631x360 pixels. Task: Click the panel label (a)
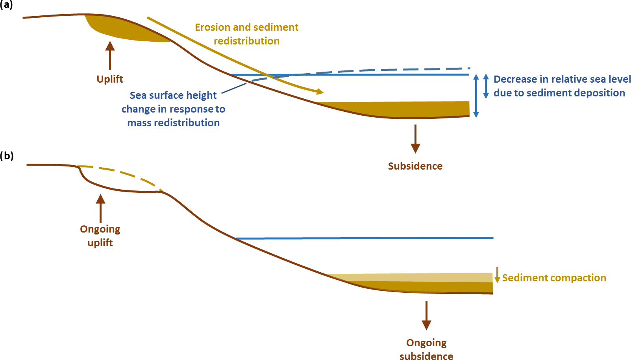pyautogui.click(x=6, y=5)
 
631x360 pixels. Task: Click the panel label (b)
pyautogui.click(x=7, y=156)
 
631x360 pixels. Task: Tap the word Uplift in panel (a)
pyautogui.click(x=110, y=79)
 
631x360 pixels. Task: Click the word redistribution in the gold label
pyautogui.click(x=247, y=41)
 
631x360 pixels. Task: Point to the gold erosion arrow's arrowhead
pyautogui.click(x=320, y=92)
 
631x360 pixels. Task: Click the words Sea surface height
pyautogui.click(x=173, y=95)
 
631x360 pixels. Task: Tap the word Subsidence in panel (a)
pyautogui.click(x=415, y=166)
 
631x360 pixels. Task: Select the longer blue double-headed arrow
pyautogui.click(x=476, y=96)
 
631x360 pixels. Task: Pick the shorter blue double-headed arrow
pyautogui.click(x=486, y=86)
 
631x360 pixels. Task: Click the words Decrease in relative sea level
pyautogui.click(x=562, y=79)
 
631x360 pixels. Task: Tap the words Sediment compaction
pyautogui.click(x=554, y=278)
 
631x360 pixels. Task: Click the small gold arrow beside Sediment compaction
pyautogui.click(x=497, y=275)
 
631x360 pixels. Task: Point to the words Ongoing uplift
pyautogui.click(x=100, y=235)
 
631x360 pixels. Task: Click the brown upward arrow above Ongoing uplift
pyautogui.click(x=101, y=208)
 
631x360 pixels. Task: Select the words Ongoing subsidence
pyautogui.click(x=426, y=349)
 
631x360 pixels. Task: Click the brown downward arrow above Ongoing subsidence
pyautogui.click(x=426, y=315)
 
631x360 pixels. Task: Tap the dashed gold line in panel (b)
pyautogui.click(x=122, y=173)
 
